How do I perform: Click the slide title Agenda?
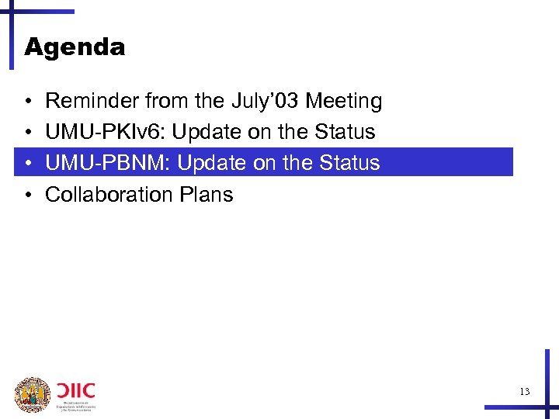coord(75,47)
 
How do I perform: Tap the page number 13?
coord(525,392)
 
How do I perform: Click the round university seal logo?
coord(33,394)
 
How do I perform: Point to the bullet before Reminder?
coord(27,102)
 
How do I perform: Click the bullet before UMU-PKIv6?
coord(27,133)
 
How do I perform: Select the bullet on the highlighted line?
coord(27,164)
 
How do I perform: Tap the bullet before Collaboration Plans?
coord(27,195)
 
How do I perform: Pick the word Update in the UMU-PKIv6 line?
coord(203,132)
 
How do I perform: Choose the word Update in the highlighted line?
coord(208,163)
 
